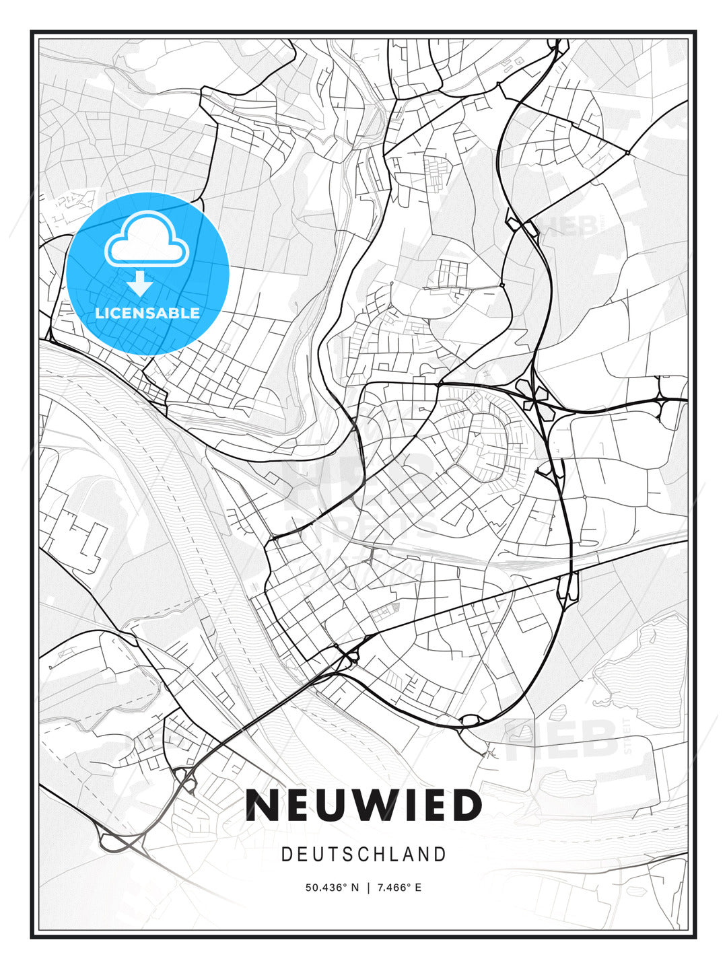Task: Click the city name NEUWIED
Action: point(363,805)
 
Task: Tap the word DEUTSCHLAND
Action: point(363,855)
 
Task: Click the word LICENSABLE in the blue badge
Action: point(147,314)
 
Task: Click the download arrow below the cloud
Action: point(140,284)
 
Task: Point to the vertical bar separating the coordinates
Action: point(368,888)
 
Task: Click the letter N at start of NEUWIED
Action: point(262,805)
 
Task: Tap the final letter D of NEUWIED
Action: point(466,805)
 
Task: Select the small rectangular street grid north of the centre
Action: point(452,274)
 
